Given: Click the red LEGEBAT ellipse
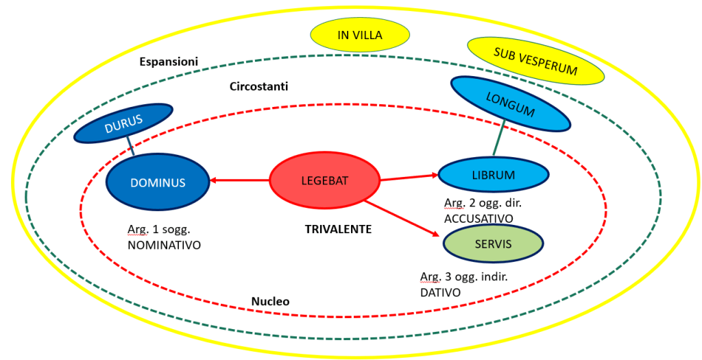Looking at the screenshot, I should coord(324,181).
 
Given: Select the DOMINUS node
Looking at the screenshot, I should coord(157,182).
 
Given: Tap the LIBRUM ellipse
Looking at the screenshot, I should coord(493,175).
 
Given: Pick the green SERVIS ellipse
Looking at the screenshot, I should coord(493,243).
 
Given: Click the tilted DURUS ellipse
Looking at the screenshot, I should coord(123,123).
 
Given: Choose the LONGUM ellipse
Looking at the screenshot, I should coord(510,104).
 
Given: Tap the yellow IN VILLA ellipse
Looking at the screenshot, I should coord(360,35).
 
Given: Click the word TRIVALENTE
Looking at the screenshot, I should coord(338,230).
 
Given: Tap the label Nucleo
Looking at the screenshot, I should coord(270,302).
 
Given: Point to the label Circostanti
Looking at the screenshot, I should coord(258,87).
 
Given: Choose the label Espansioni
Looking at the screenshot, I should coord(169,62).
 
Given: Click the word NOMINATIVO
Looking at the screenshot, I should coord(164,243).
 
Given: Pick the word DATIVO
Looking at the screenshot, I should coord(440,292).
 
